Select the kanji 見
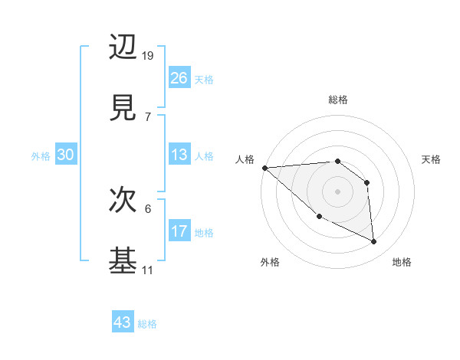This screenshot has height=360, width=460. click(123, 107)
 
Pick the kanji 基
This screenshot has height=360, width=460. click(123, 260)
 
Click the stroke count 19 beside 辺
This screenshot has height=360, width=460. click(149, 56)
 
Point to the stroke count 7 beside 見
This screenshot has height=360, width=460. click(147, 117)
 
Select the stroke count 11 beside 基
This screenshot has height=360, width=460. click(147, 270)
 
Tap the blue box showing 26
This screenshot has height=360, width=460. click(179, 78)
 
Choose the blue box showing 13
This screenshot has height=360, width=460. click(179, 155)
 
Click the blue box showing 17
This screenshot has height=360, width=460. click(179, 231)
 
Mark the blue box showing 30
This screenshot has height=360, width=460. click(66, 155)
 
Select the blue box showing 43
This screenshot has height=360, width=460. click(123, 322)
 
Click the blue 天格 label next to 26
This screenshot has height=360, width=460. click(204, 80)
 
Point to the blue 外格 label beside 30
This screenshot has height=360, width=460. click(41, 156)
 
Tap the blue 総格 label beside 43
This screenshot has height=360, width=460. click(147, 324)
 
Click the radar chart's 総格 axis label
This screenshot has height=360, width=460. click(337, 100)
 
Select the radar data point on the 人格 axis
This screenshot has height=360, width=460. click(264, 168)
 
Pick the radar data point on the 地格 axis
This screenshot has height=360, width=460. click(374, 242)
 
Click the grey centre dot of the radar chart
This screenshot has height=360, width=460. click(337, 191)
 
